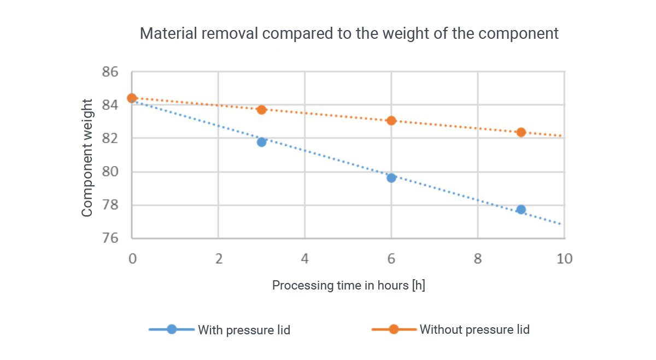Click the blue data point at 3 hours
pos(261,142)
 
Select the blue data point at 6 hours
pos(391,178)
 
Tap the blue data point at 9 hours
pos(521,209)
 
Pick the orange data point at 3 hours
pos(261,109)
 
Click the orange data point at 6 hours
pos(391,120)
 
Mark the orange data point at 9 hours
pos(521,132)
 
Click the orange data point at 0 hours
pos(132,98)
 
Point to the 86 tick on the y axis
pos(110,72)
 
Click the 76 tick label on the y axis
pos(110,239)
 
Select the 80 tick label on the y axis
pos(110,172)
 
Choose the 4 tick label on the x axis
pos(304,258)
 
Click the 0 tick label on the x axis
pos(132,258)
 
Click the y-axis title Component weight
pos(87,158)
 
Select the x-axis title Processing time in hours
pos(348,285)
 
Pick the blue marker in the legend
pos(172,329)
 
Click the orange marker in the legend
pos(394,329)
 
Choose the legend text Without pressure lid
pos(474,329)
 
